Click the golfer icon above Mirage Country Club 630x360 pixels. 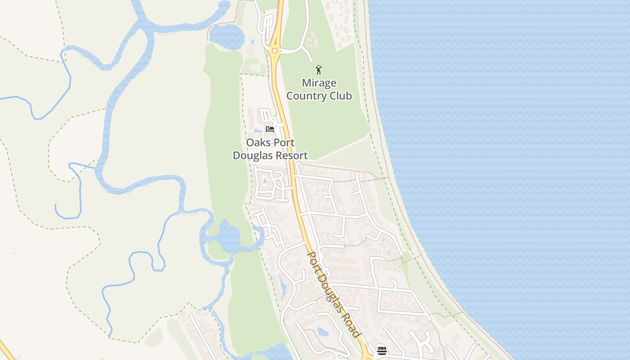coord(319,70)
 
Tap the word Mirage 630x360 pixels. coord(319,83)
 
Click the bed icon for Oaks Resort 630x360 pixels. coord(270,129)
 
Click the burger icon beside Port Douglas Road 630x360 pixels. coord(382,351)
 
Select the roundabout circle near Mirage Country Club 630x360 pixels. coord(274,51)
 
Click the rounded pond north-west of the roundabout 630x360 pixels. coord(226,36)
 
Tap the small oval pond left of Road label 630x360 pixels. coord(323,332)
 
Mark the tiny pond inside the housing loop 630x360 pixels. coord(264,181)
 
